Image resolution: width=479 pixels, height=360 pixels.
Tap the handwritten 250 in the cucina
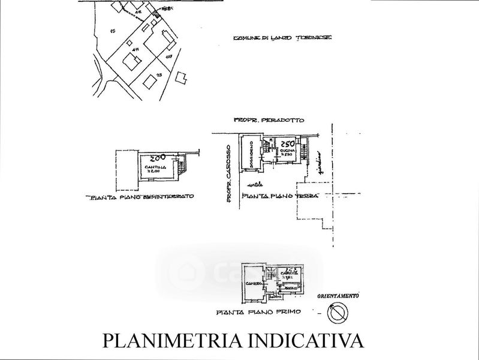285,145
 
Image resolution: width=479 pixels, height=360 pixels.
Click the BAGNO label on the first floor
293,289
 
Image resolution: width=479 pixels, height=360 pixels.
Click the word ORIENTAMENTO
338,296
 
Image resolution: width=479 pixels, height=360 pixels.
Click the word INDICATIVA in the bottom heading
318,340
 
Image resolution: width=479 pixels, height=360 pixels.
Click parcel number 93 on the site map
159,74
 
